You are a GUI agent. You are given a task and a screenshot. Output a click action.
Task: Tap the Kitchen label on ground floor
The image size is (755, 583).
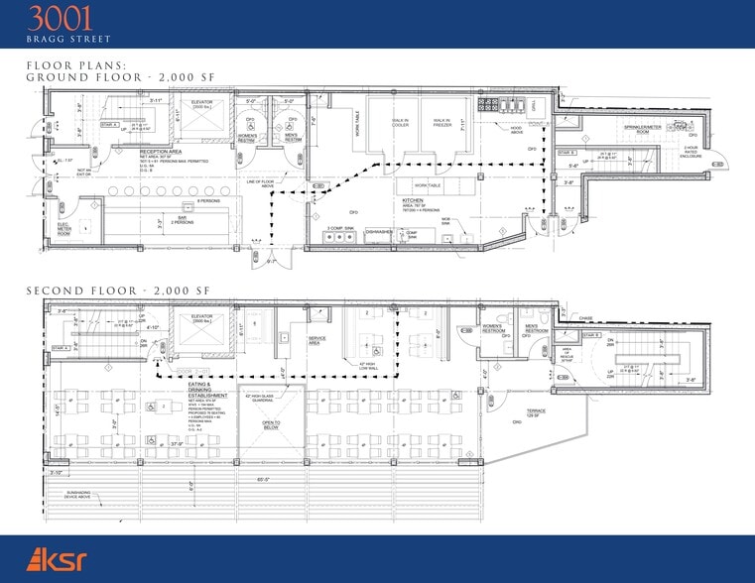coord(414,200)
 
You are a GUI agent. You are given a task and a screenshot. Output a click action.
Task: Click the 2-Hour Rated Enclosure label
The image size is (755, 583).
coord(692,154)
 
